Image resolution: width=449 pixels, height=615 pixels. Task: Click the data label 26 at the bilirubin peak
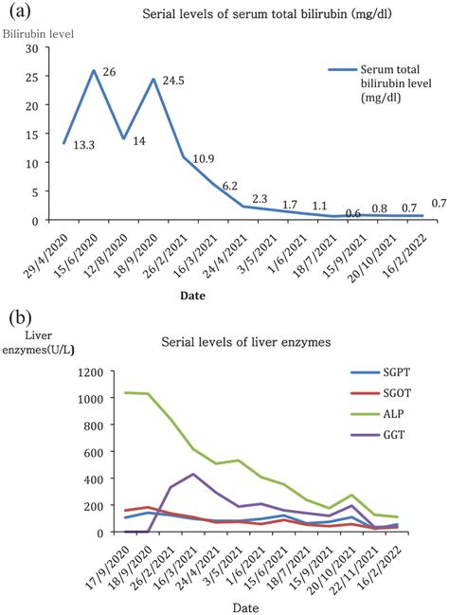coord(109,72)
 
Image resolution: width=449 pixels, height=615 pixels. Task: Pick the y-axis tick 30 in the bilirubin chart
coord(31,48)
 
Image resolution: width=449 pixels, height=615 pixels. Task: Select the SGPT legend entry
coord(387,374)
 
